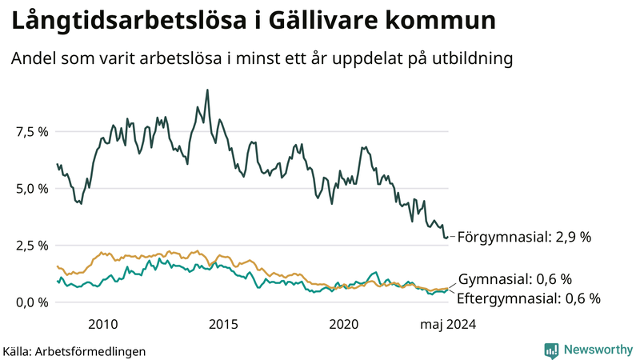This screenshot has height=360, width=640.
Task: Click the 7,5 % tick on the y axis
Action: click(31, 131)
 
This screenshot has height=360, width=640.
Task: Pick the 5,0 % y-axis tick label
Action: click(31, 188)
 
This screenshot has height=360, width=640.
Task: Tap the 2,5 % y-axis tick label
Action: click(31, 245)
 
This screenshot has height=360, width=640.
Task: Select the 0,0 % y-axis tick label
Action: click(31, 302)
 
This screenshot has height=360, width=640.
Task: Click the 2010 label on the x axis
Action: click(103, 324)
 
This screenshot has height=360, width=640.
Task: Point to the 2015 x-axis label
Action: click(223, 324)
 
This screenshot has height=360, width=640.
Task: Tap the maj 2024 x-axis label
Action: click(449, 324)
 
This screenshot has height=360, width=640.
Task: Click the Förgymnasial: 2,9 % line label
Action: click(525, 237)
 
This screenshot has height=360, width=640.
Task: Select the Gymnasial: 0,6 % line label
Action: click(515, 279)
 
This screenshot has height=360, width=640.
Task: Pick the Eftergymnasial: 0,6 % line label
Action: click(529, 298)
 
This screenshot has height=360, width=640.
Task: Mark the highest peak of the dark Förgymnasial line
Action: click(207, 90)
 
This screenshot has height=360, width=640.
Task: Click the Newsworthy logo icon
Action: click(551, 350)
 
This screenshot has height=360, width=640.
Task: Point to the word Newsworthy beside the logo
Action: click(598, 350)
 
